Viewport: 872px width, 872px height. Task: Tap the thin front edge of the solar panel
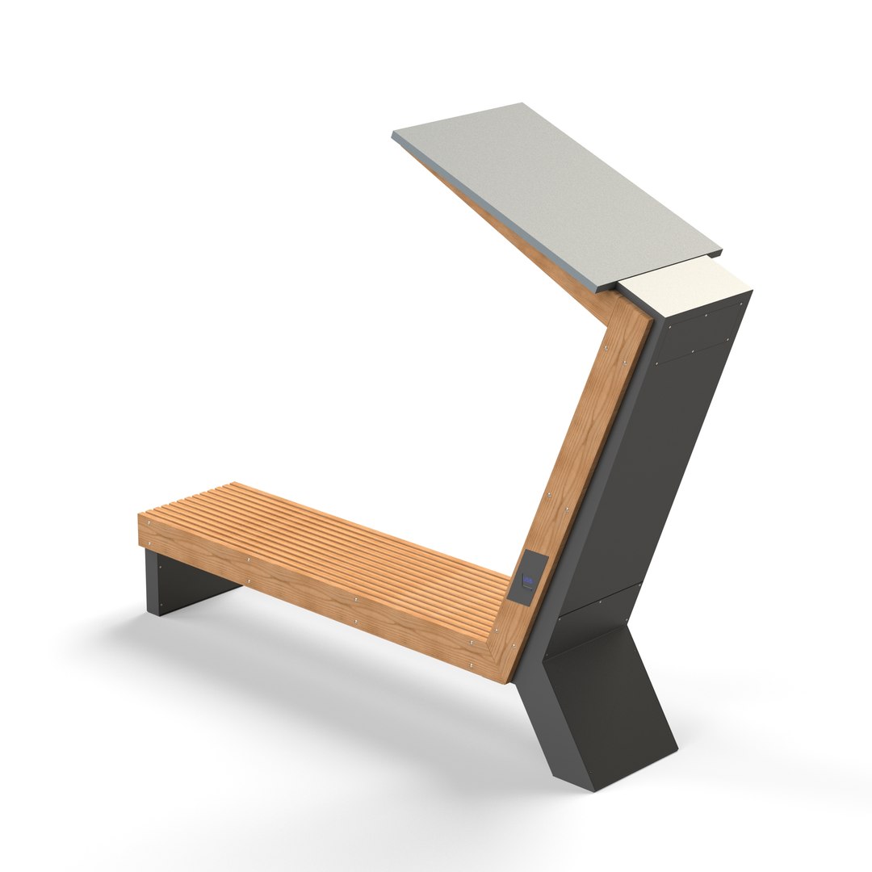[501, 214]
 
